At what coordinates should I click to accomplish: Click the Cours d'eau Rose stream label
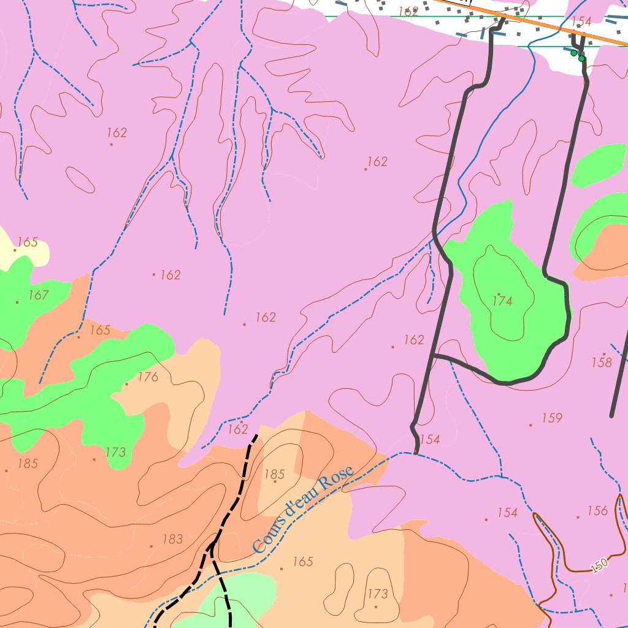pyautogui.click(x=303, y=509)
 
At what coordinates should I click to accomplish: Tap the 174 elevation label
pyautogui.click(x=502, y=301)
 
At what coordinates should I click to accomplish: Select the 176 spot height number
pyautogui.click(x=148, y=377)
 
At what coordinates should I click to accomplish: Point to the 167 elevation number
pyautogui.click(x=38, y=295)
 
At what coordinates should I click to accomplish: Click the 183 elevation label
pyautogui.click(x=172, y=539)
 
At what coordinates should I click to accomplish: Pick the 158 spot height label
pyautogui.click(x=602, y=362)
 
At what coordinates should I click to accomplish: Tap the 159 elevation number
pyautogui.click(x=552, y=418)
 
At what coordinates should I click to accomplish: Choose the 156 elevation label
pyautogui.click(x=597, y=511)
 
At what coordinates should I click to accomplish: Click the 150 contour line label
pyautogui.click(x=600, y=566)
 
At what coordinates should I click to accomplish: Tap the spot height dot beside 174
pyautogui.click(x=498, y=294)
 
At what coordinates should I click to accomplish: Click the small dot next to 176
pyautogui.click(x=127, y=384)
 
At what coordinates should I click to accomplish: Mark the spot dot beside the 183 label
pyautogui.click(x=151, y=546)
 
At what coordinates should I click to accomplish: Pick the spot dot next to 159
pyautogui.click(x=530, y=424)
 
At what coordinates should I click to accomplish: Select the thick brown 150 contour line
pyautogui.click(x=555, y=552)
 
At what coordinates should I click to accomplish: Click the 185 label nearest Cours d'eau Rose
pyautogui.click(x=275, y=474)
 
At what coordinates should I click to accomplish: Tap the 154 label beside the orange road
pyautogui.click(x=581, y=22)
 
